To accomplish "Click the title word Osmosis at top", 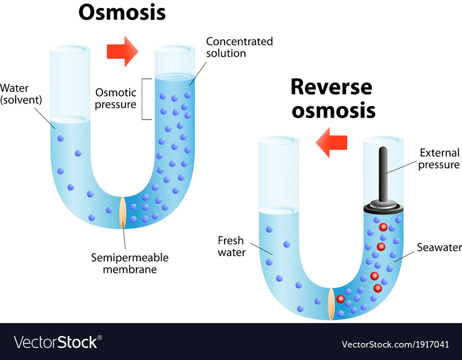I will pyautogui.click(x=122, y=12).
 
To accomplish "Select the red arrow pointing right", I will pyautogui.click(x=122, y=51).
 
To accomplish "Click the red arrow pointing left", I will pyautogui.click(x=331, y=143).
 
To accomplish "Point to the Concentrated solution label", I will pyautogui.click(x=239, y=47).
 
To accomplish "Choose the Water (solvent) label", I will pyautogui.click(x=15, y=94).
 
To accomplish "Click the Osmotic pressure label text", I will pyautogui.click(x=115, y=98).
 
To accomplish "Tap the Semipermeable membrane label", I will pyautogui.click(x=129, y=263).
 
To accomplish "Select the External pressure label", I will pyautogui.click(x=438, y=159).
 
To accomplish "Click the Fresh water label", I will pyautogui.click(x=231, y=246).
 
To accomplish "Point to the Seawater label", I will pyautogui.click(x=439, y=247).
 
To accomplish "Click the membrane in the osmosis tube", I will pyautogui.click(x=123, y=212).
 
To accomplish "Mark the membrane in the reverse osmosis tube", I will pyautogui.click(x=331, y=303).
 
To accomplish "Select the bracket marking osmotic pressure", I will pyautogui.click(x=147, y=99).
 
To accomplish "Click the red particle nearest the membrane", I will pyautogui.click(x=341, y=299).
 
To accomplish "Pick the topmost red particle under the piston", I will pyautogui.click(x=383, y=228).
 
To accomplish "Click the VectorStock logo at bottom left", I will pyautogui.click(x=58, y=342).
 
